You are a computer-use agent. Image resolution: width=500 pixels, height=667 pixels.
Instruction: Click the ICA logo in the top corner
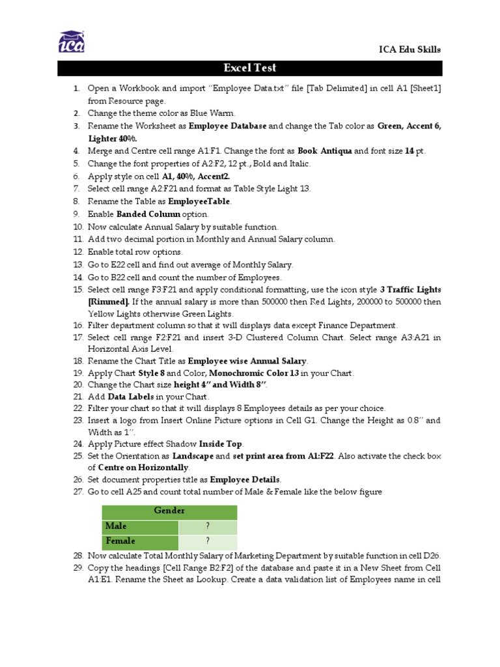(x=71, y=43)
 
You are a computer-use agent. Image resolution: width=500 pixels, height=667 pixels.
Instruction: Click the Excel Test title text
(x=250, y=68)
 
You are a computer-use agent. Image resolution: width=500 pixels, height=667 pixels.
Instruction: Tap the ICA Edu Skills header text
(x=410, y=50)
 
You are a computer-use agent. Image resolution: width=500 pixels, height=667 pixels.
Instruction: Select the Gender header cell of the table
(x=169, y=511)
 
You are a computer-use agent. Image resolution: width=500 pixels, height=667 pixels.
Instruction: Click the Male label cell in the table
(x=140, y=526)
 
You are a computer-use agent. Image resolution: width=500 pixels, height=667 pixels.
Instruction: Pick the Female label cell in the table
(x=140, y=541)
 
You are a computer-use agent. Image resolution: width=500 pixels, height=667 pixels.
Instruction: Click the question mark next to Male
(x=208, y=526)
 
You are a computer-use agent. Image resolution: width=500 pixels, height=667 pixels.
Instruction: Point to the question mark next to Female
(x=208, y=541)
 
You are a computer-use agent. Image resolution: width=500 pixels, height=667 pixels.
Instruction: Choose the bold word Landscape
(x=192, y=457)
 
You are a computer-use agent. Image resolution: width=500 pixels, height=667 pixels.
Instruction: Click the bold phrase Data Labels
(x=131, y=397)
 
